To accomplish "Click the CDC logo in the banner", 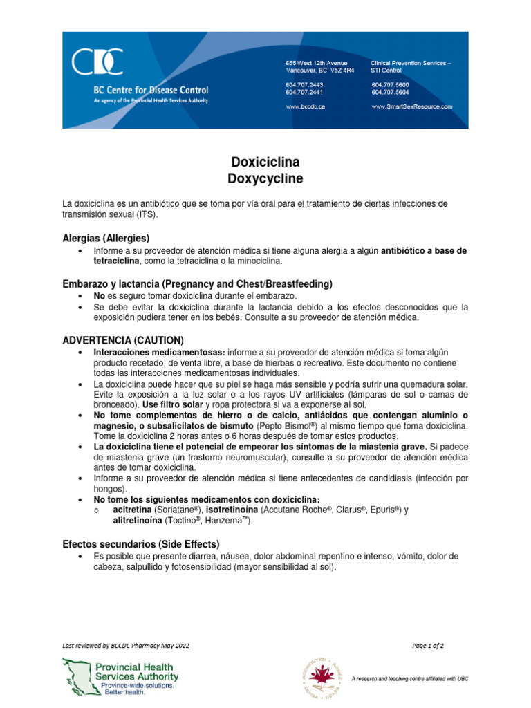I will click(x=97, y=62).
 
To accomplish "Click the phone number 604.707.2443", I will click(x=304, y=84).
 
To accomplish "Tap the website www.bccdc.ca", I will click(x=306, y=107).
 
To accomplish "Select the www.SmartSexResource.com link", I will click(x=411, y=107).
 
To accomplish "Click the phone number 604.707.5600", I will click(x=390, y=84).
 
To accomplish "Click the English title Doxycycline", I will click(x=265, y=178).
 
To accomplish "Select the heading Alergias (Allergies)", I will click(x=106, y=238).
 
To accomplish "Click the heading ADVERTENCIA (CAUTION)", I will click(x=123, y=340).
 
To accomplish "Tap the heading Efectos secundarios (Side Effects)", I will click(x=141, y=543).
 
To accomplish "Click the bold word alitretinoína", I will click(x=135, y=521).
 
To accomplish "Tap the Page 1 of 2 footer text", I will click(x=428, y=646).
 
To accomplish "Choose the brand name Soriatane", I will click(x=175, y=510).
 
